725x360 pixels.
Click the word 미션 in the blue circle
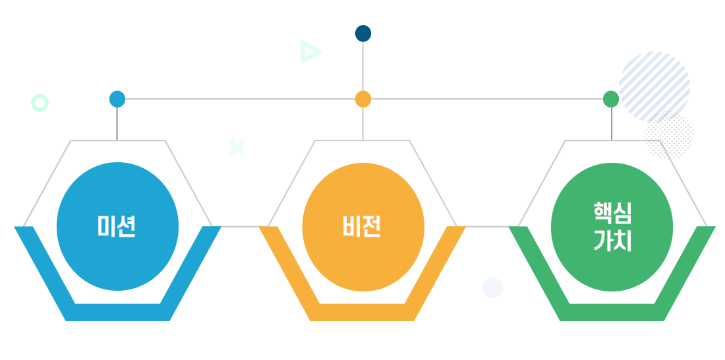(117, 226)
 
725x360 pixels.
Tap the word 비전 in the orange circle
(362, 227)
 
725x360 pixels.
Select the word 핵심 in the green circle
(612, 213)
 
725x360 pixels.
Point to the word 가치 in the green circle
(612, 241)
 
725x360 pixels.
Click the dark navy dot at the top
(363, 34)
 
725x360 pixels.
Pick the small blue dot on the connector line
(117, 99)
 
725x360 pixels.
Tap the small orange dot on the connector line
(363, 99)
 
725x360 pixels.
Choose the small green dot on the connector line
(611, 99)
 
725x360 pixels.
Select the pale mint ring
(34, 103)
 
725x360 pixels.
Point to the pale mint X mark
(237, 146)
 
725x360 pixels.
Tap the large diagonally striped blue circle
(654, 86)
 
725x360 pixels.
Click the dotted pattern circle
(668, 135)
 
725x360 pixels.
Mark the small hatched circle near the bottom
(492, 288)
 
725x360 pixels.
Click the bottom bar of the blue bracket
(117, 313)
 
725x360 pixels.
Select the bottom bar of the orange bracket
(362, 313)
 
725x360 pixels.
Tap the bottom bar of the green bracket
(612, 313)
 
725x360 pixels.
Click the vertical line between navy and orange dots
(363, 66)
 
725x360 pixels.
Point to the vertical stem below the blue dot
(117, 123)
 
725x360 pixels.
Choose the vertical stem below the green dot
(611, 123)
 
